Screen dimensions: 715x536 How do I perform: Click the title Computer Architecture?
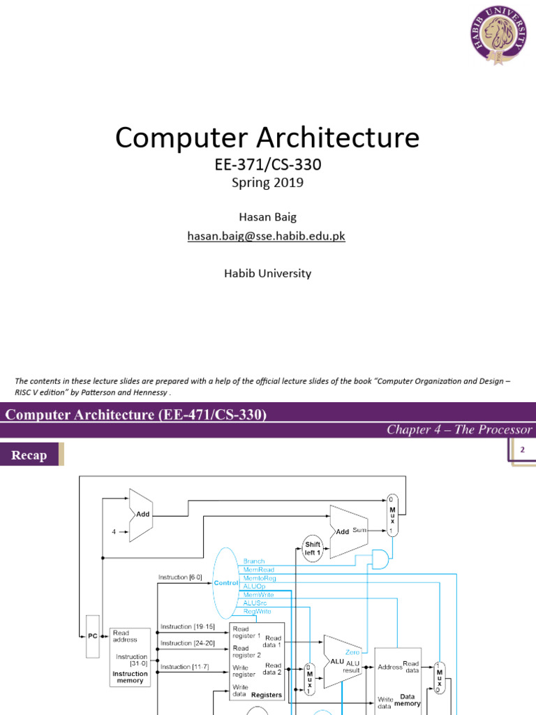(x=267, y=138)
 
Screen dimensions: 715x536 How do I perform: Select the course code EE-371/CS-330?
(x=267, y=165)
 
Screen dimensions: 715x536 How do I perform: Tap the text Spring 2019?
(x=267, y=183)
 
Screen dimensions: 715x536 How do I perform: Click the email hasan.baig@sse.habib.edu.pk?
(x=267, y=236)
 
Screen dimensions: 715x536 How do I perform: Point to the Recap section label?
(x=29, y=456)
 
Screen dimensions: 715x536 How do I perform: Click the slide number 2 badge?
(x=522, y=451)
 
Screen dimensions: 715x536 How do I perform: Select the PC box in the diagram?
(x=92, y=636)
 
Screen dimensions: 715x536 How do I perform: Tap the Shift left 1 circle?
(x=313, y=548)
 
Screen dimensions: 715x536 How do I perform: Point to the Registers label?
(x=266, y=695)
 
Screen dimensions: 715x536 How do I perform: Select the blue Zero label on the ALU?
(x=352, y=651)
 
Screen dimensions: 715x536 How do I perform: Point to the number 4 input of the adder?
(x=114, y=532)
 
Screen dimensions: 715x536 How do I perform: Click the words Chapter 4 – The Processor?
(x=460, y=429)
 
